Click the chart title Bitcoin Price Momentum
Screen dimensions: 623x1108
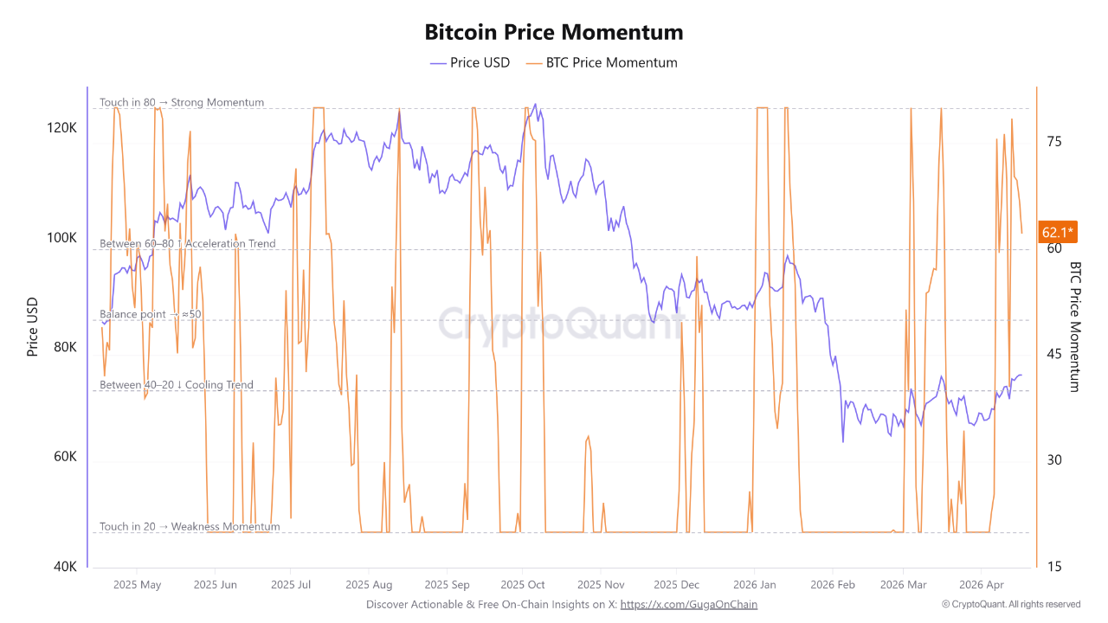553,32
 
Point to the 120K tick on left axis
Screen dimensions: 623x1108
61,128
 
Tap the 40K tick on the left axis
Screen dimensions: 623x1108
64,567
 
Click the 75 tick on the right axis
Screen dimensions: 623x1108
1053,142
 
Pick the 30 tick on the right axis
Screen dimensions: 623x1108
1053,460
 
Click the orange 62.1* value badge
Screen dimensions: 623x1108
1058,232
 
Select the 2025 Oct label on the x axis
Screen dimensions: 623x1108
523,585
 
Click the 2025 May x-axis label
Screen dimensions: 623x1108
137,585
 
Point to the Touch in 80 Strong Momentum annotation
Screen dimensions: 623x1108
182,102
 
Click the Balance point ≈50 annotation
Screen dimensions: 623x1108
151,314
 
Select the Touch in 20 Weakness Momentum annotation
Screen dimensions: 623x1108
190,526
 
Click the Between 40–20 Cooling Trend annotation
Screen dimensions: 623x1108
177,385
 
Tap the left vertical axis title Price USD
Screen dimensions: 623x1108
33,326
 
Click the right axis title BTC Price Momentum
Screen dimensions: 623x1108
1076,326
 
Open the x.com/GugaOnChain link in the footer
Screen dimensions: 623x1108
688,605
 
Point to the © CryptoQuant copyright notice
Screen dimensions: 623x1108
1011,604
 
